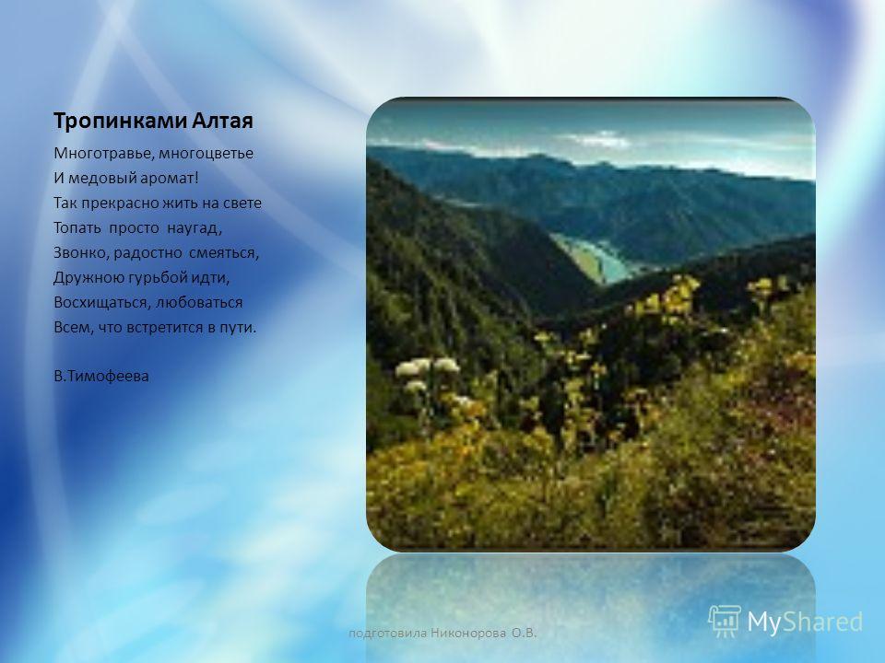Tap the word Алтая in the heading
[x=223, y=121]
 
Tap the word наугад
[x=195, y=228]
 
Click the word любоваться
[x=199, y=303]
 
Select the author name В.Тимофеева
[x=101, y=376]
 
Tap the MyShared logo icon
[x=725, y=622]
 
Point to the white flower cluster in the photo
[x=427, y=373]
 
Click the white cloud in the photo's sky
[x=599, y=139]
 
